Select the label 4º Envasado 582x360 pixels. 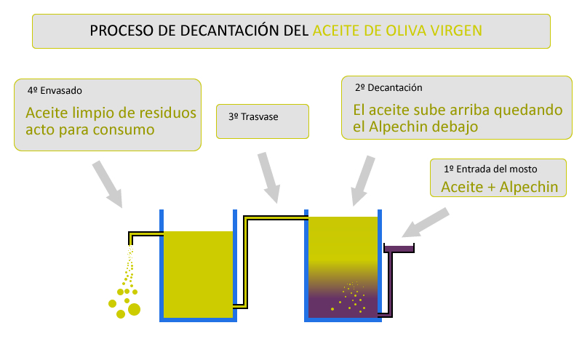55,91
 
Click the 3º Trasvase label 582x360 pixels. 253,116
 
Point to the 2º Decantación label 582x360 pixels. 388,87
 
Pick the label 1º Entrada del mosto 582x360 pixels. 494,169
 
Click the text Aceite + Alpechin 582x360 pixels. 499,187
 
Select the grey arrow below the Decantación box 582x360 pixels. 362,182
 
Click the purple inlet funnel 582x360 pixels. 399,249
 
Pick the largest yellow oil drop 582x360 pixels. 134,310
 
